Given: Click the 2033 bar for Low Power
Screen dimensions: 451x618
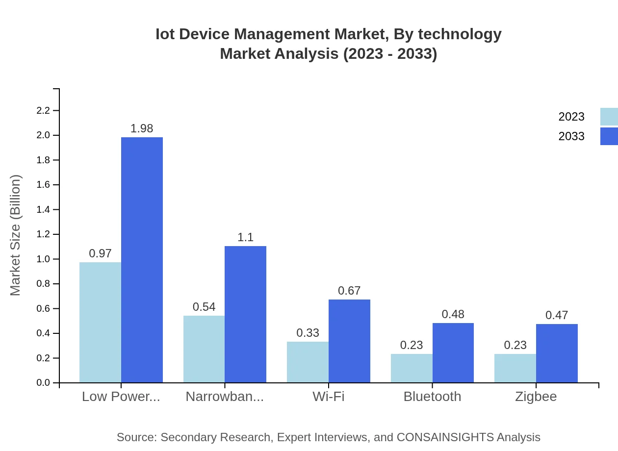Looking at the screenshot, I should click(x=142, y=260).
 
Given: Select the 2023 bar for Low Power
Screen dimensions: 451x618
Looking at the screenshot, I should click(x=100, y=322).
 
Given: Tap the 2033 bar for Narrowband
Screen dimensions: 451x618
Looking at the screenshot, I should click(x=245, y=314).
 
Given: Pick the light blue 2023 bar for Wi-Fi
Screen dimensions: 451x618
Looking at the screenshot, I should click(x=308, y=362).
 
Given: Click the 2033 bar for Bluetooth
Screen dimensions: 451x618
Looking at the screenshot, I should click(x=453, y=352).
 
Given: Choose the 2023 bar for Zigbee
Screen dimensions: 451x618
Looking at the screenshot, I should click(x=515, y=368).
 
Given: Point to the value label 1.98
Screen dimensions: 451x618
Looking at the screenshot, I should click(x=142, y=128).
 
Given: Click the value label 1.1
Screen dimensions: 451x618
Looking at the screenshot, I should click(x=245, y=237).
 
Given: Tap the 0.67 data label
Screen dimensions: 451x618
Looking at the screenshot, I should click(x=349, y=291).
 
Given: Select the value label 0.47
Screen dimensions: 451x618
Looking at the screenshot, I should click(x=557, y=315).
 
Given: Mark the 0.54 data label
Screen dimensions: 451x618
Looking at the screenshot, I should click(x=204, y=307).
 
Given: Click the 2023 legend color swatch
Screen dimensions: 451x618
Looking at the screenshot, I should click(x=609, y=117).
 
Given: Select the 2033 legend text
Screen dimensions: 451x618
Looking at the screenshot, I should click(x=571, y=136).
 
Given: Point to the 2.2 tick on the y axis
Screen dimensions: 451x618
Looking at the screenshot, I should click(x=44, y=111).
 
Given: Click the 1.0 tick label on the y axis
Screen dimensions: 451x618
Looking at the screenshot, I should click(x=44, y=259).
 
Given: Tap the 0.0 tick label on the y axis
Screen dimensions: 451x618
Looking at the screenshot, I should click(x=44, y=383).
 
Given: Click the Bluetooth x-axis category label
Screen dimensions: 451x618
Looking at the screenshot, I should click(x=432, y=397).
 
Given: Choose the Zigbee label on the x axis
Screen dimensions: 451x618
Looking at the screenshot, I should click(x=536, y=397).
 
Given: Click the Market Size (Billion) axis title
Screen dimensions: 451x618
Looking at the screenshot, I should click(x=16, y=235).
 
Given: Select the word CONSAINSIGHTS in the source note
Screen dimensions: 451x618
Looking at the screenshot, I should click(x=445, y=437).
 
